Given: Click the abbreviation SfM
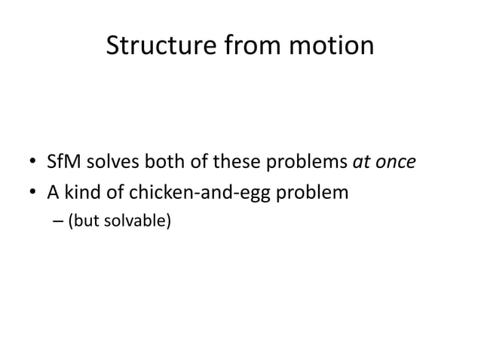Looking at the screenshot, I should [x=63, y=163].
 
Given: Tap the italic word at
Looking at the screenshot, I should [x=362, y=163].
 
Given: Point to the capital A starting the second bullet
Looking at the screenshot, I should [x=53, y=193].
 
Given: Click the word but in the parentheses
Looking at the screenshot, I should [x=84, y=223].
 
